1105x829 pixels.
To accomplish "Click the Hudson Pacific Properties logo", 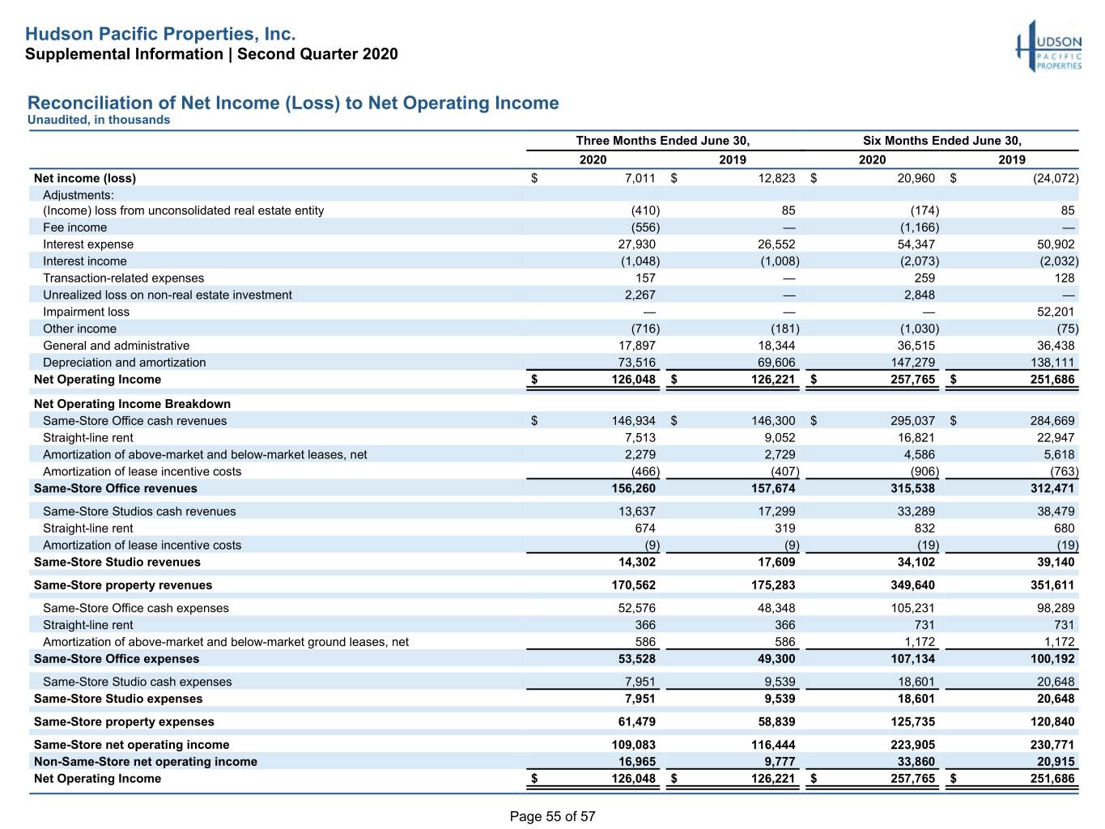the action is (1048, 46).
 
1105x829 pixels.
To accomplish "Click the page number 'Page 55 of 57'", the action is (552, 816).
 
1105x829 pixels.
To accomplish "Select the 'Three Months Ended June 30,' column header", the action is (662, 141).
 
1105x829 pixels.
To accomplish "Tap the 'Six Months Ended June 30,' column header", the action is (942, 141).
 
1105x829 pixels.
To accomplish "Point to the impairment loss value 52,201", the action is (1055, 312).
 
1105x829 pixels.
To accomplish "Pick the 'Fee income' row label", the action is (75, 227).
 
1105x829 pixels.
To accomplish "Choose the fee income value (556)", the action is (639, 227).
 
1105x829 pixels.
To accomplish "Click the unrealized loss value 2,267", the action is (640, 295).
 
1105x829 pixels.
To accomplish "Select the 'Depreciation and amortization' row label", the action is (125, 363).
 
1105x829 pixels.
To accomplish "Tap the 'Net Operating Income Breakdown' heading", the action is (132, 404).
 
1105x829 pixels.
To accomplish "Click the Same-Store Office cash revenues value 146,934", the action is (633, 421).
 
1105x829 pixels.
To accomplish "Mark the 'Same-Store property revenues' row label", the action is (123, 585).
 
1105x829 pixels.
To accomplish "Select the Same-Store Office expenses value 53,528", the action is (637, 659).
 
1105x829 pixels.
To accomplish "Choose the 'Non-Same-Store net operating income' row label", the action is (146, 762).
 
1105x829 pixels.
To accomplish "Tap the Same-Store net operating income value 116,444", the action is (773, 745).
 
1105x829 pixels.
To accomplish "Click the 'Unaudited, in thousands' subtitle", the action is (99, 120).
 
